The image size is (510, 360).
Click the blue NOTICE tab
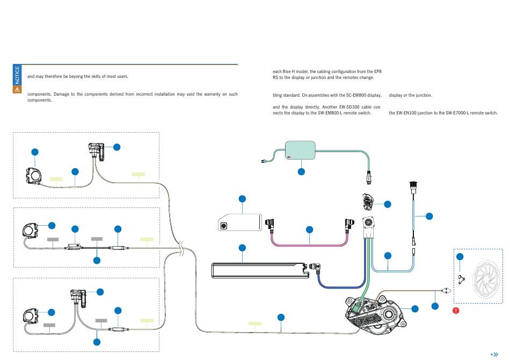tap(17, 75)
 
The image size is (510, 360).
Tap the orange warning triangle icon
tap(17, 90)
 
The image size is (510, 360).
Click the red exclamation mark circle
tap(456, 311)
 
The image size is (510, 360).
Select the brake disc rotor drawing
tap(486, 279)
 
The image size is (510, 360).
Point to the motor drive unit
tap(375, 315)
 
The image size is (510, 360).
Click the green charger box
tap(300, 150)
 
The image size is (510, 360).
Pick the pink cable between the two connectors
tap(309, 244)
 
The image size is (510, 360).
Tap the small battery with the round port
tap(240, 222)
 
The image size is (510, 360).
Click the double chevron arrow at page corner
tap(494, 355)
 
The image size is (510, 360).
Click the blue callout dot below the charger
tap(302, 171)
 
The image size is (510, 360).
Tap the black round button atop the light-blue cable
tap(413, 184)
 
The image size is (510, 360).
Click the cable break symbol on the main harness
tap(181, 248)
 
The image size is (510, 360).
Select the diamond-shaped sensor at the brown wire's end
tap(446, 290)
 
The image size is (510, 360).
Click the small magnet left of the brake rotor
tap(461, 279)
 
